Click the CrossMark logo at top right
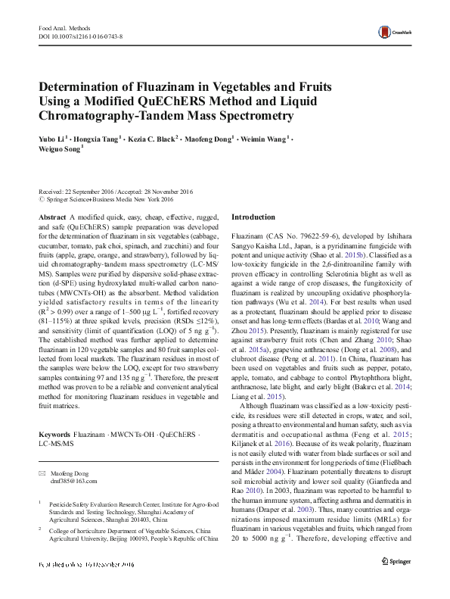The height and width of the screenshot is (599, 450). click(397, 31)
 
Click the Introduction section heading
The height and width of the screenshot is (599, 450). click(253, 217)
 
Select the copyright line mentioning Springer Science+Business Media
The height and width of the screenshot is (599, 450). click(110, 200)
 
